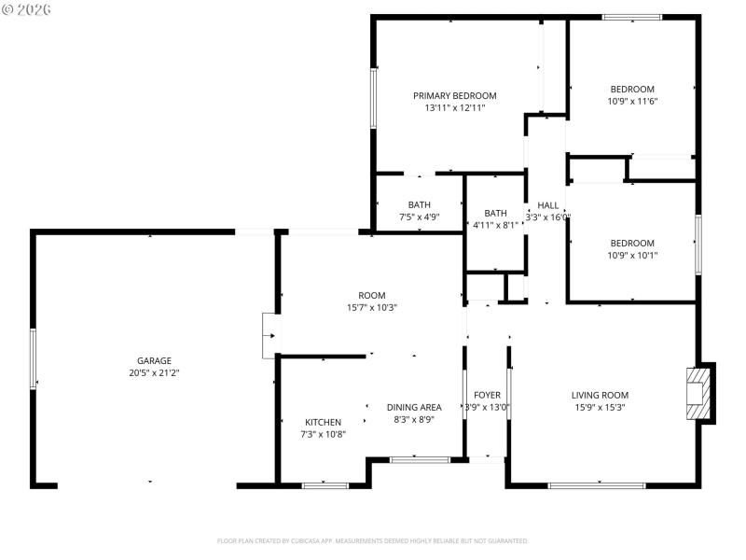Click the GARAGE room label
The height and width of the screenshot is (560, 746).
154,360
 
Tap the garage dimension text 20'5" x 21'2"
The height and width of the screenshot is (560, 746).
154,372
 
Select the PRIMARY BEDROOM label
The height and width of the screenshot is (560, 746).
454,95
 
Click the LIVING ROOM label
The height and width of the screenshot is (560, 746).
600,395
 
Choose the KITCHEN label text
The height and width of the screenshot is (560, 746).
323,422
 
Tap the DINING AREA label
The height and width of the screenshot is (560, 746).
414,407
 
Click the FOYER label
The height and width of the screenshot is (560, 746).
487,395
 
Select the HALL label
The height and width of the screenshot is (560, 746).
547,205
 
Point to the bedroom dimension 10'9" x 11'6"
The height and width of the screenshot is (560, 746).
632,101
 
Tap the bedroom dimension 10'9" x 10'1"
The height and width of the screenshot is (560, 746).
632,255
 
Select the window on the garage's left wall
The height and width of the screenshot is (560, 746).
34,358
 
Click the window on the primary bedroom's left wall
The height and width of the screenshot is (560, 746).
373,97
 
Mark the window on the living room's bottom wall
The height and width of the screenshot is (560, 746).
597,484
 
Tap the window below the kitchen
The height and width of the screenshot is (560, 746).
325,484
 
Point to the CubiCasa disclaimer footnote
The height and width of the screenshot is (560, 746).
373,540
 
